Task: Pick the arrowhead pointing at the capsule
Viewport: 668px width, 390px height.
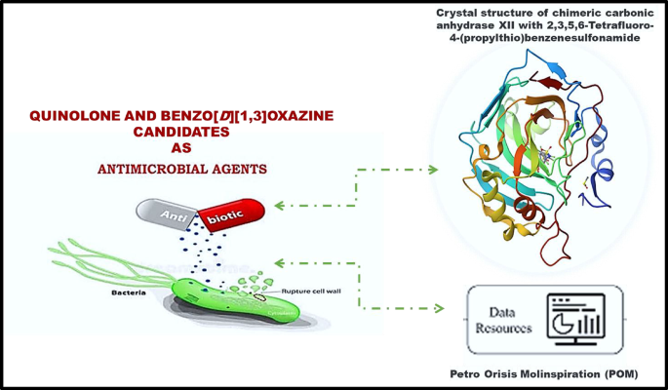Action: (280, 205)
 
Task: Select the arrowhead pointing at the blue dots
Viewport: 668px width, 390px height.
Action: (281, 261)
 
